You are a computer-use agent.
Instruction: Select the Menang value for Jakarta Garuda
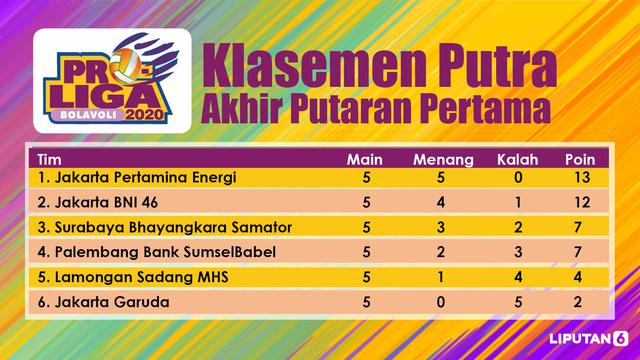440,302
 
